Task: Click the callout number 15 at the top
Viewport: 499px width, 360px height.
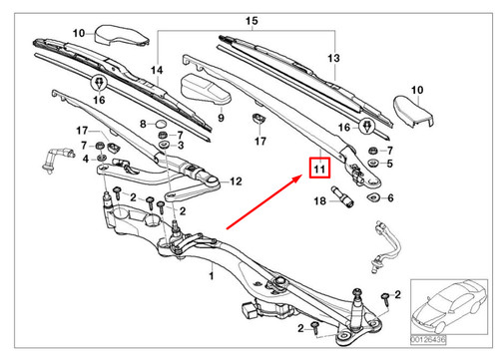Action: tap(250, 21)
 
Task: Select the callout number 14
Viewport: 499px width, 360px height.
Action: tap(155, 69)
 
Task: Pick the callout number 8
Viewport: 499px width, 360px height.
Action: tap(144, 125)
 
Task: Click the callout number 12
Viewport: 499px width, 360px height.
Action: tap(236, 182)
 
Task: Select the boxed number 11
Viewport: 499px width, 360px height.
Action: tap(318, 170)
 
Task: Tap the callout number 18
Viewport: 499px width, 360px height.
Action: tap(320, 201)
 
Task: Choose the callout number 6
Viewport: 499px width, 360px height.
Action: tap(390, 198)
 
